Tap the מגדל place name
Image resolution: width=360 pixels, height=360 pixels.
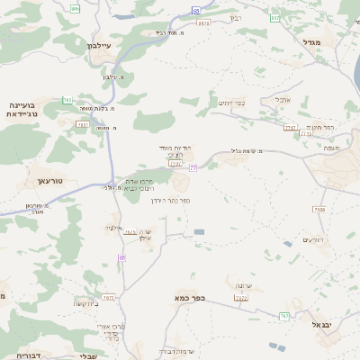(312, 42)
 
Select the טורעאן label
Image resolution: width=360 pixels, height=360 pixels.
(50, 181)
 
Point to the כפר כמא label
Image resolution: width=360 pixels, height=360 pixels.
(190, 297)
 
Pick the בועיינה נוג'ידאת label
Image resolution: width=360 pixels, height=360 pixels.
(26, 110)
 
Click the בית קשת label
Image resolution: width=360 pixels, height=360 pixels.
(87, 303)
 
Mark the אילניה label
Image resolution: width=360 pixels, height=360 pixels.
(112, 229)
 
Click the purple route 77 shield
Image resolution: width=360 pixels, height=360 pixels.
(193, 168)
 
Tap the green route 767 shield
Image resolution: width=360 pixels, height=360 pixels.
(284, 316)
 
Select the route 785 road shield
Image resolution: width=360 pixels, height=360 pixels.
(67, 100)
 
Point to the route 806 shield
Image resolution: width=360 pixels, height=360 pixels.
(75, 8)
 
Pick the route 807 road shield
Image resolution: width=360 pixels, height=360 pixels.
(274, 17)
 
